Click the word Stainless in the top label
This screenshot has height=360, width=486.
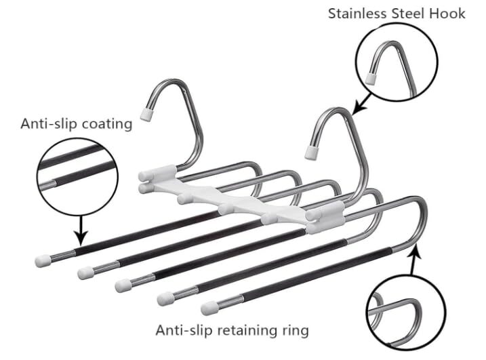tap(357, 14)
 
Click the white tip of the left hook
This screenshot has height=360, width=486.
tap(146, 113)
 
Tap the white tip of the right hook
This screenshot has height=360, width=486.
tap(312, 153)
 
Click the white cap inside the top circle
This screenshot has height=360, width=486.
tap(370, 78)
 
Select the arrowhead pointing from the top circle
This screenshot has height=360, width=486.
tap(359, 109)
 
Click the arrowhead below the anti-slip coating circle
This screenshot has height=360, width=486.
tap(81, 238)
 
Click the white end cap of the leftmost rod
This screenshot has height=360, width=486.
tap(43, 261)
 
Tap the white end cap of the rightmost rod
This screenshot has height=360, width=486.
tap(209, 308)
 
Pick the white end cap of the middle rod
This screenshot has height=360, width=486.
tap(123, 285)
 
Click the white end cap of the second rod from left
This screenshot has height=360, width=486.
tap(85, 273)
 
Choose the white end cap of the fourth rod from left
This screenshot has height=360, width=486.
tap(165, 298)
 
